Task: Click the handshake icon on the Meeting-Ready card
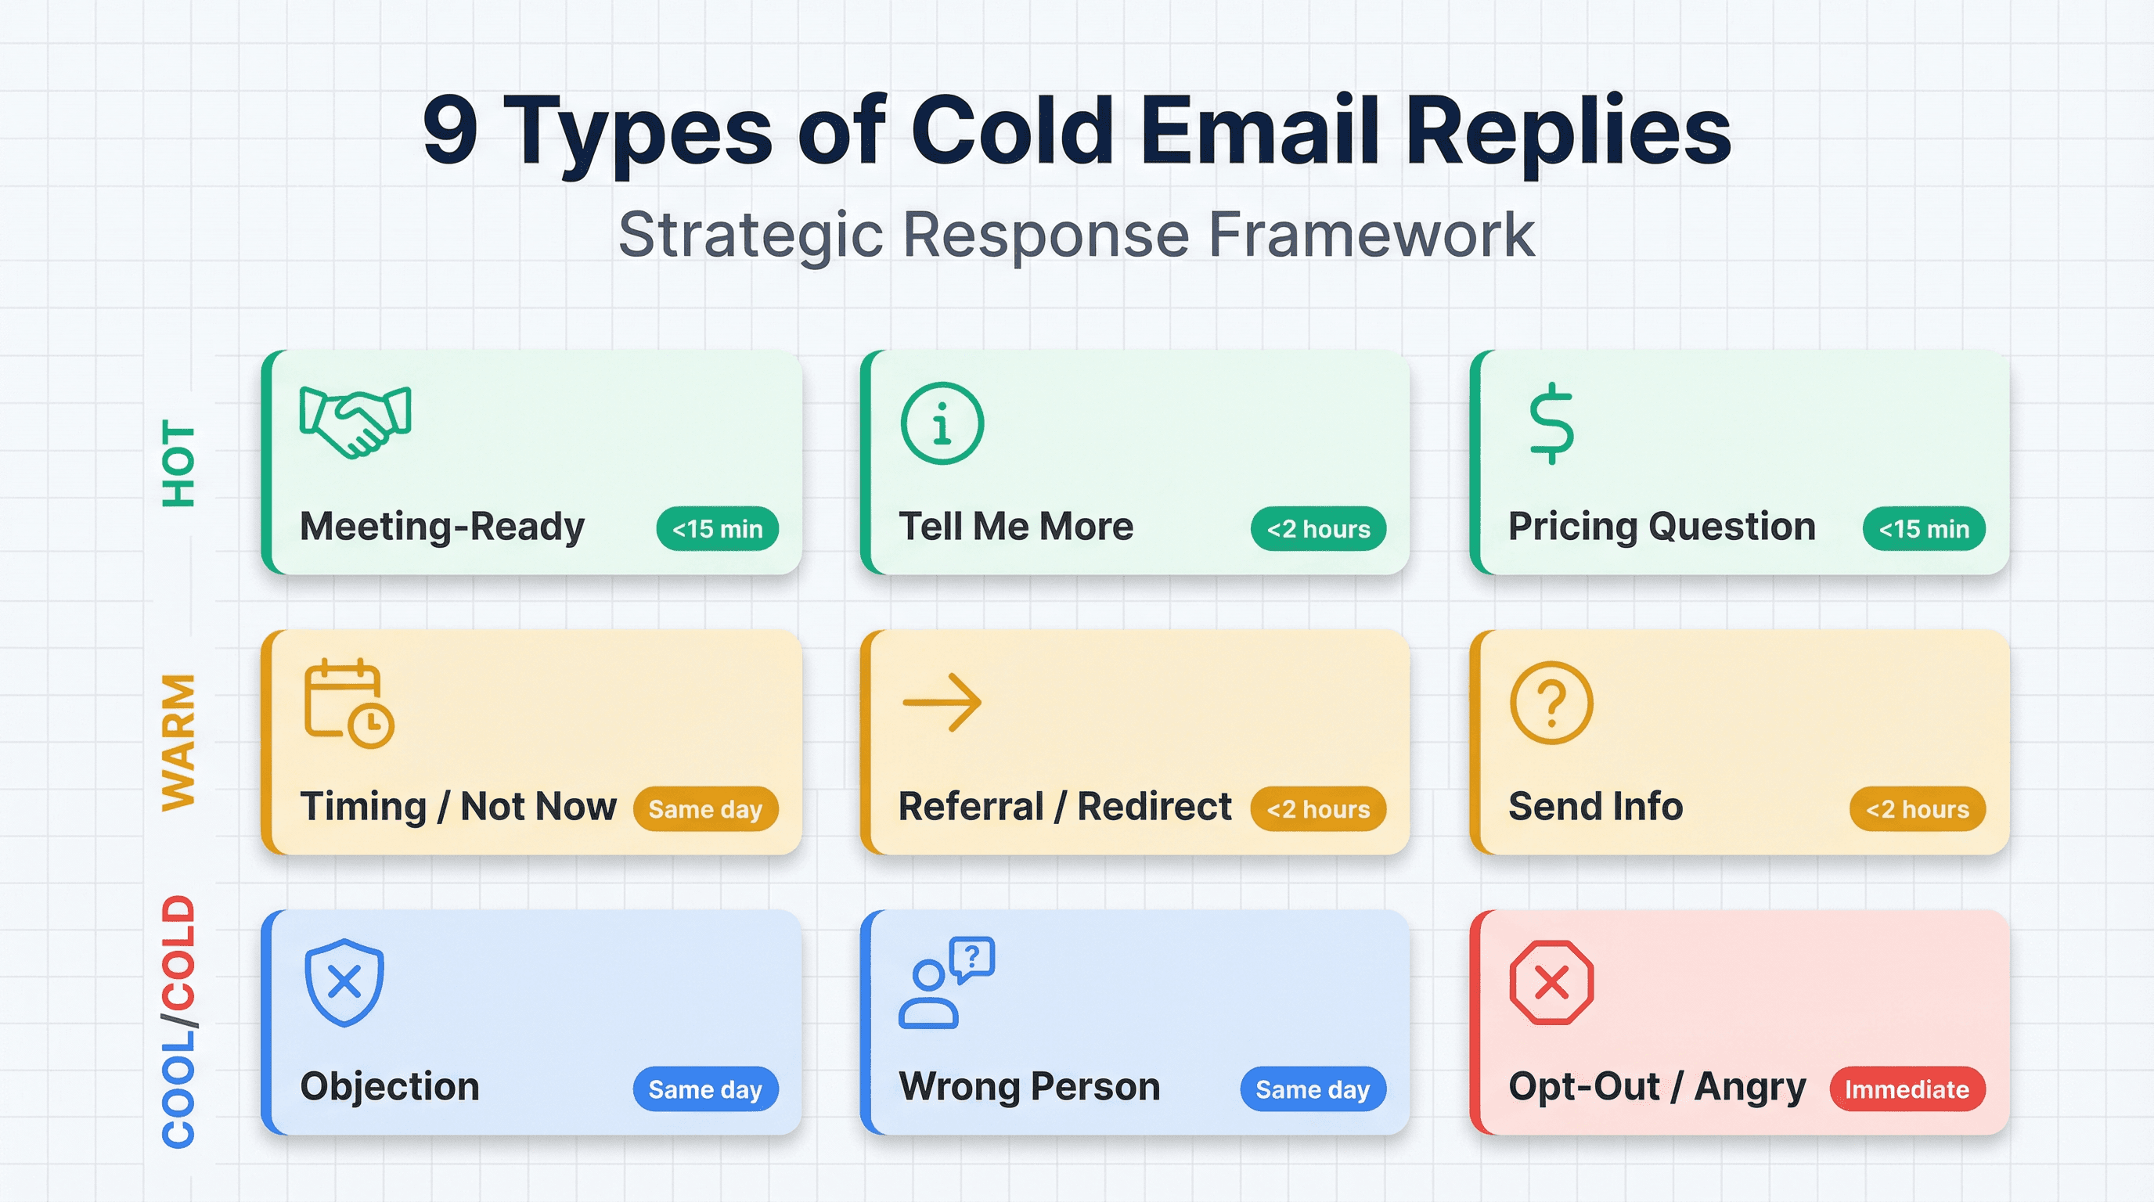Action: click(x=355, y=421)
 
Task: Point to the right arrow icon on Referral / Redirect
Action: click(x=942, y=702)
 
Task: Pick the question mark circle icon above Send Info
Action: click(x=1551, y=702)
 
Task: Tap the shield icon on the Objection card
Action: click(x=344, y=981)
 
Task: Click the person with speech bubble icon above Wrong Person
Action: click(x=945, y=981)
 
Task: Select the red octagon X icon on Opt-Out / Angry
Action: click(x=1551, y=981)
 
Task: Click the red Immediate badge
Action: click(x=1907, y=1089)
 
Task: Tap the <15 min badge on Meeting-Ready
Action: click(x=717, y=528)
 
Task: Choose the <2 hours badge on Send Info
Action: click(x=1917, y=808)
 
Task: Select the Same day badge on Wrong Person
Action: click(x=1312, y=1089)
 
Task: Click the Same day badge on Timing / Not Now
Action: click(x=705, y=808)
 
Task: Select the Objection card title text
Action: click(x=390, y=1086)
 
